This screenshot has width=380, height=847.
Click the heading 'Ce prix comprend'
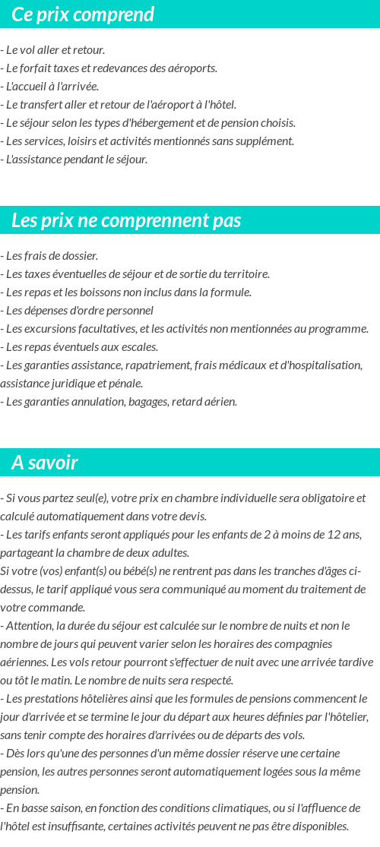[x=83, y=14]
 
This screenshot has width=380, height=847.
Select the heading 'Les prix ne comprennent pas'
[x=126, y=220]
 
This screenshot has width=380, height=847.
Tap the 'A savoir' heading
[x=45, y=463]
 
